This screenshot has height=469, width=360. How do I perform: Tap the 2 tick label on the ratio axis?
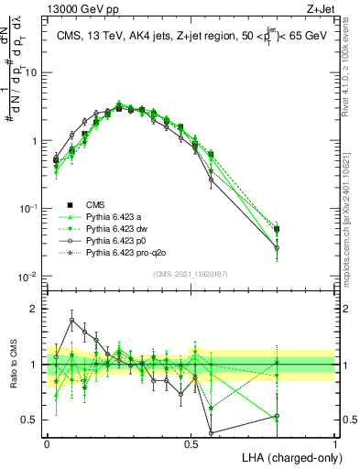[x=36, y=309]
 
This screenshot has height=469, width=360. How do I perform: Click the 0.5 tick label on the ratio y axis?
[x=32, y=420]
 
